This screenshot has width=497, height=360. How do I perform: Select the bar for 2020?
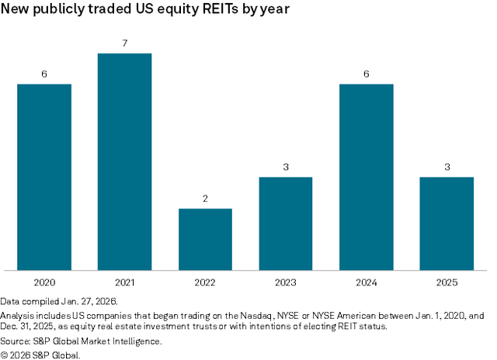coord(44,177)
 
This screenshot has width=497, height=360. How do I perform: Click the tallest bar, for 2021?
coord(124,161)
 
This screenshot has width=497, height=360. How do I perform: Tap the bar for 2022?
coord(205,239)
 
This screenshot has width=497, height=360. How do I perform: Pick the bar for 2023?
coord(286,223)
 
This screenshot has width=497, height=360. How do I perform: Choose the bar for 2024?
coord(366,177)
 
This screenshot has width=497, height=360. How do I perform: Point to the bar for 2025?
coord(447,223)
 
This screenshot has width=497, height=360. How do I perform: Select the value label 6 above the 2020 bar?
coord(44,74)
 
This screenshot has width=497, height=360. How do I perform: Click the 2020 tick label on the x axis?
coord(44,282)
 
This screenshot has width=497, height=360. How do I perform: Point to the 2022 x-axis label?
coord(205,282)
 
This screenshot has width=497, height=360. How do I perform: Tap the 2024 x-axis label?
coord(366,282)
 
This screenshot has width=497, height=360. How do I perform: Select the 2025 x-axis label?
coord(447,282)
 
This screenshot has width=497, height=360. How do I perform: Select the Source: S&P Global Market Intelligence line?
coord(81,341)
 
